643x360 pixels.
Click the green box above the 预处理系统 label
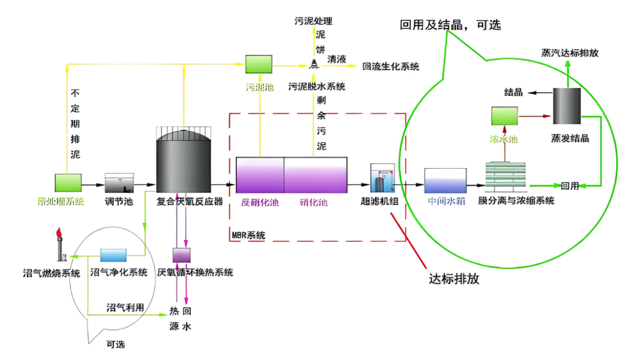(68, 182)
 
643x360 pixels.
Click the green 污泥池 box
(259, 64)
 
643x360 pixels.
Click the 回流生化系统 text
(391, 67)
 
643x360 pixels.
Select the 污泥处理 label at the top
(313, 21)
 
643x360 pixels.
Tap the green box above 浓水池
(504, 116)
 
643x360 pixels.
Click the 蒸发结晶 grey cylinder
(567, 107)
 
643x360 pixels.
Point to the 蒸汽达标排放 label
(570, 53)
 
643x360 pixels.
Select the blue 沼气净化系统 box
(114, 255)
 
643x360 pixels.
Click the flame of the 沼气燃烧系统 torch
(59, 234)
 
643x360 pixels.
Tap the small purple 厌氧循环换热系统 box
(181, 255)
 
